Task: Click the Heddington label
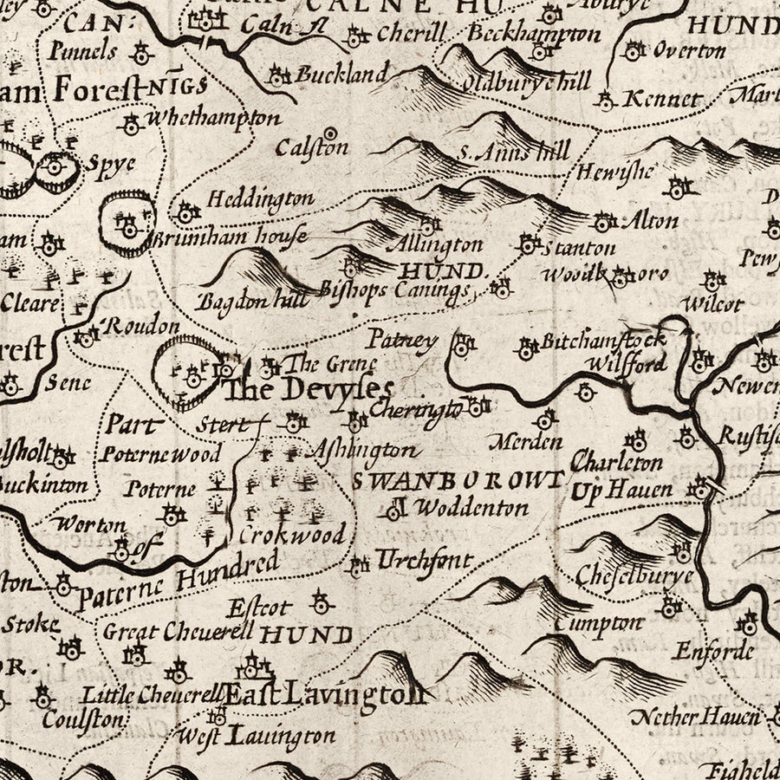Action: (260, 199)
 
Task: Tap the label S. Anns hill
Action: (514, 153)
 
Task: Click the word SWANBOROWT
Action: (458, 478)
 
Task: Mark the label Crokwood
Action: (291, 534)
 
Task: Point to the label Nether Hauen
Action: (696, 717)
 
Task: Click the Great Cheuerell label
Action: (179, 632)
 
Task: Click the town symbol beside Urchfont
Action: (357, 568)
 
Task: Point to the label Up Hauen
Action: (621, 491)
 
